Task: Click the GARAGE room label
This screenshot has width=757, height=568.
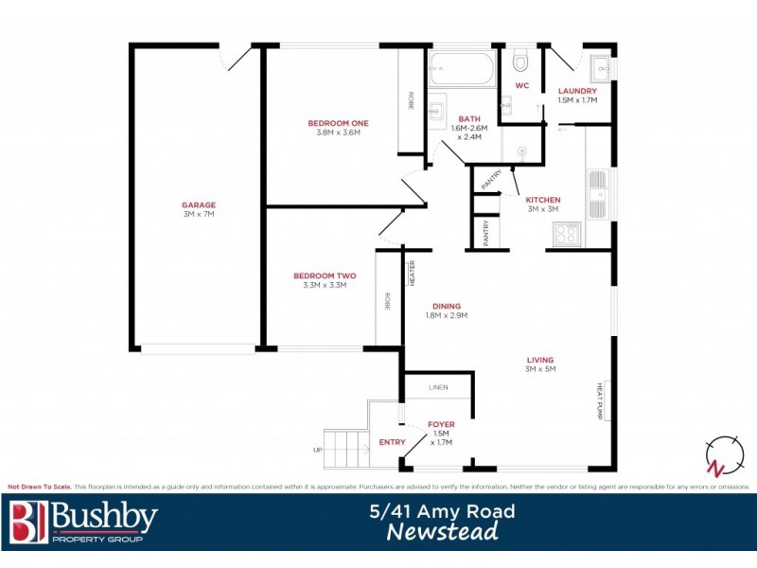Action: point(199,204)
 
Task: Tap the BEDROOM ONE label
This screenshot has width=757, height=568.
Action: point(338,123)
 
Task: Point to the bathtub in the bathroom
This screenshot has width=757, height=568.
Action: point(461,69)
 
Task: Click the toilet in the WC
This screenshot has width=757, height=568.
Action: point(519,63)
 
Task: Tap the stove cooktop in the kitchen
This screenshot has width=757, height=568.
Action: point(568,233)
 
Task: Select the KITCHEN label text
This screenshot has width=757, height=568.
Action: point(543,200)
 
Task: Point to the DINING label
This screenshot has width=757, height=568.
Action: point(447,306)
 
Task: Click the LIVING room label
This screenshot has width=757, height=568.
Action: point(540,360)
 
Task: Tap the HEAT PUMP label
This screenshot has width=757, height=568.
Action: point(600,399)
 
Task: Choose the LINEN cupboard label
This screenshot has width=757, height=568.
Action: point(437,388)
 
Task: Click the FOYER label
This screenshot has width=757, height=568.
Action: point(441,424)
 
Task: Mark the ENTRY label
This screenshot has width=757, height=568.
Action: point(392,442)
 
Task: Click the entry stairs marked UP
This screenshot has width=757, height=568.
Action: point(346,450)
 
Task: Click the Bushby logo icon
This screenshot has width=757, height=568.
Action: point(27,523)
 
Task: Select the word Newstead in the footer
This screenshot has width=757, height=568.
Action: point(442,533)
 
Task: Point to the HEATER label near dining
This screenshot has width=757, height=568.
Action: point(412,272)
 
